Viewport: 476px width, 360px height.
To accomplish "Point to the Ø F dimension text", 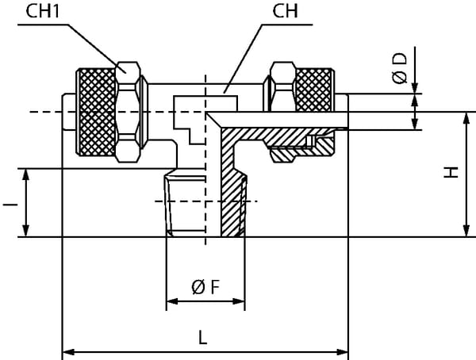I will point(205,287).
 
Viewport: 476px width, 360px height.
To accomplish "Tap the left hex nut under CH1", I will point(129,111).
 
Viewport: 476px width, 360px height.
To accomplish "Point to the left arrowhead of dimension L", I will point(67,350).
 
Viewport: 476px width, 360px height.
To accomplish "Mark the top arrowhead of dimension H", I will point(465,117).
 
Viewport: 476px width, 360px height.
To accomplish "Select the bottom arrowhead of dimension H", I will point(465,232).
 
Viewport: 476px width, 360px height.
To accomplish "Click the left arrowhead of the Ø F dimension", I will point(170,302).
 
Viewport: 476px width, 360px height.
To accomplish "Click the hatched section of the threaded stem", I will point(231,198).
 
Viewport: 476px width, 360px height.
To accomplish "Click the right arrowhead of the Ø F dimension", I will point(240,302).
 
